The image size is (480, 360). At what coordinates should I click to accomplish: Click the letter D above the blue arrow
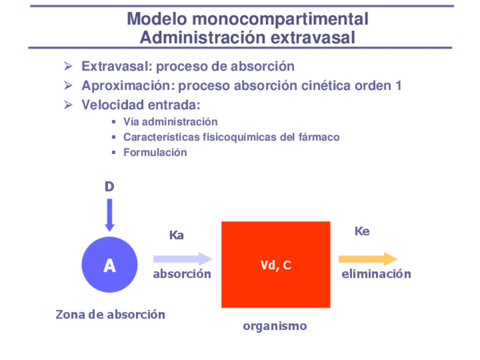tap(109, 186)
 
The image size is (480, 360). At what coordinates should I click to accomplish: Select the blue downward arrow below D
tap(109, 215)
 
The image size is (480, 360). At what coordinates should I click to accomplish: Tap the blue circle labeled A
tap(109, 264)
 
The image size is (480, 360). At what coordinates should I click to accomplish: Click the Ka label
tap(177, 235)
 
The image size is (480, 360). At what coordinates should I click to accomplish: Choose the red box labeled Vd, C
tap(276, 264)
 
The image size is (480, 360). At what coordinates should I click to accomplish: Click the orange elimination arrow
tap(368, 259)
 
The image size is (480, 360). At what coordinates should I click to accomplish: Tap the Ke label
tap(362, 231)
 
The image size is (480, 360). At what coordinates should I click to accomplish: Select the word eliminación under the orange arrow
tap(376, 274)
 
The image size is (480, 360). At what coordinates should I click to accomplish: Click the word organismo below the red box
tap(275, 326)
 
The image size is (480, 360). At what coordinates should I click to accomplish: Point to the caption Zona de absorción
tap(110, 314)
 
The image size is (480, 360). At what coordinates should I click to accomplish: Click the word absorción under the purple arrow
tap(182, 274)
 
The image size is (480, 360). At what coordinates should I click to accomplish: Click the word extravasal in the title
tap(312, 38)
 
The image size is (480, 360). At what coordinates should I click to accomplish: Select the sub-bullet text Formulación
tap(155, 152)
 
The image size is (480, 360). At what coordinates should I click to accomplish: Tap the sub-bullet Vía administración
tap(170, 122)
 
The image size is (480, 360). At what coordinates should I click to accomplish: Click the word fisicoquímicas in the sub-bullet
tap(245, 137)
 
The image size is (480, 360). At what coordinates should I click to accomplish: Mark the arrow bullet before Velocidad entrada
tap(68, 105)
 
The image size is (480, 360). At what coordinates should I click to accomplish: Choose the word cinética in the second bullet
tap(325, 86)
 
